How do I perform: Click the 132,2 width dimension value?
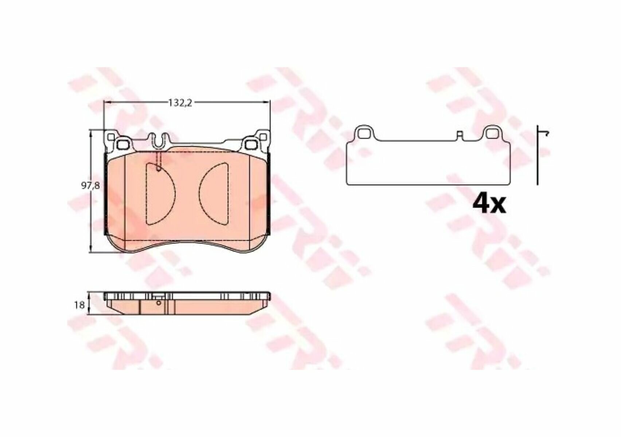click(180, 103)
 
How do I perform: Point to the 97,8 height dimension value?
click(90, 186)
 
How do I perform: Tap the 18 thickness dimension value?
click(79, 306)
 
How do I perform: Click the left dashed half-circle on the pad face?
click(160, 194)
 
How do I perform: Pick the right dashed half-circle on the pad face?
click(214, 194)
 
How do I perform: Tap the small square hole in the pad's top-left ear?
click(111, 137)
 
